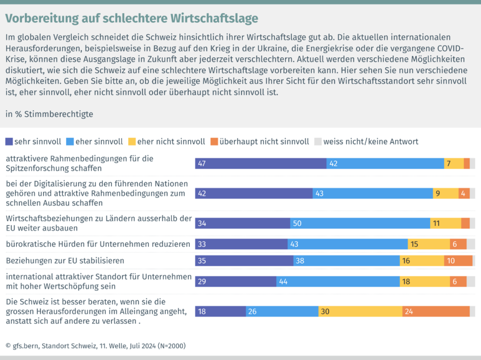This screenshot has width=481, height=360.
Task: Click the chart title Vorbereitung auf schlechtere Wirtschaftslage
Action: pos(132,18)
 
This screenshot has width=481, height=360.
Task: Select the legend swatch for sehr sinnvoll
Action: pos(9,141)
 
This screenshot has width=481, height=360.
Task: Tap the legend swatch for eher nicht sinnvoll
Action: pos(132,141)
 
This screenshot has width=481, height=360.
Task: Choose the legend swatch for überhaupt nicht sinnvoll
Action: pos(214,141)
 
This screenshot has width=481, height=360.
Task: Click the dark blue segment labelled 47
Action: pos(261,163)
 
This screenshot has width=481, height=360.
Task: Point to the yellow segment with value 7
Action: pos(454,163)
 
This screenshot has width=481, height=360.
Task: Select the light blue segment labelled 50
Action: pos(360,223)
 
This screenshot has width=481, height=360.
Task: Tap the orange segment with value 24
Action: pos(436,311)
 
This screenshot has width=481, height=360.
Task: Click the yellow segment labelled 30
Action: pos(360,311)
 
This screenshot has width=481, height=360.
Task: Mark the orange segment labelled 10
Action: pos(458,260)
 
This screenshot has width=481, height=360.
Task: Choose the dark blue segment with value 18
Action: pos(220,311)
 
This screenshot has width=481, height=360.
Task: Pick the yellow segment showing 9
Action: pos(445,193)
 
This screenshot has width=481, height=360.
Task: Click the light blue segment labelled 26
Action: pos(282,311)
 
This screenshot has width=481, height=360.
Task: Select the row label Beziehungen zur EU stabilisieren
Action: pos(65,260)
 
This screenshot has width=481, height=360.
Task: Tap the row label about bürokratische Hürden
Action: pos(98,244)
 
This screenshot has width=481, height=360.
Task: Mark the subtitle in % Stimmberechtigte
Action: pos(49,114)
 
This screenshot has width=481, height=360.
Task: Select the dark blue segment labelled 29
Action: pos(236,281)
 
